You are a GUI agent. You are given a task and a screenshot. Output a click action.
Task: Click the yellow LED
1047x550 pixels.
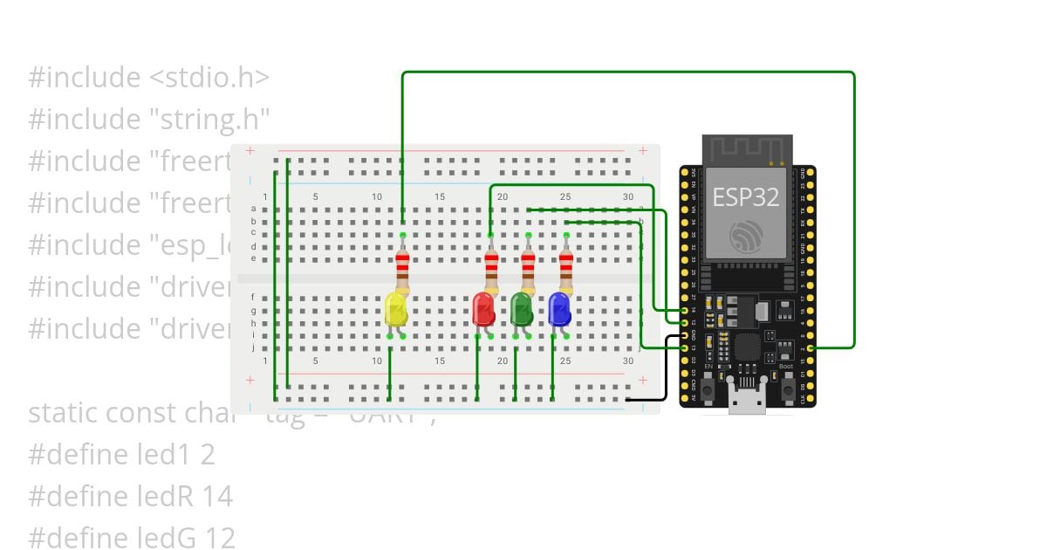point(396,311)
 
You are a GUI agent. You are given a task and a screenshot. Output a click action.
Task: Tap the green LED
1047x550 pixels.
point(522,310)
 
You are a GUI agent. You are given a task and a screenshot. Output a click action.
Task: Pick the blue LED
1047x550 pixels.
point(559,310)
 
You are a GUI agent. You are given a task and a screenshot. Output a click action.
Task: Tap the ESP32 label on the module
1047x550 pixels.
point(744,196)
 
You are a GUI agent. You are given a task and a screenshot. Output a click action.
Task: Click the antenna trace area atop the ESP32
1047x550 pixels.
point(748,149)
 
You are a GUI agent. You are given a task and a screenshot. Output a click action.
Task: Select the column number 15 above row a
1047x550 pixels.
point(440,196)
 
